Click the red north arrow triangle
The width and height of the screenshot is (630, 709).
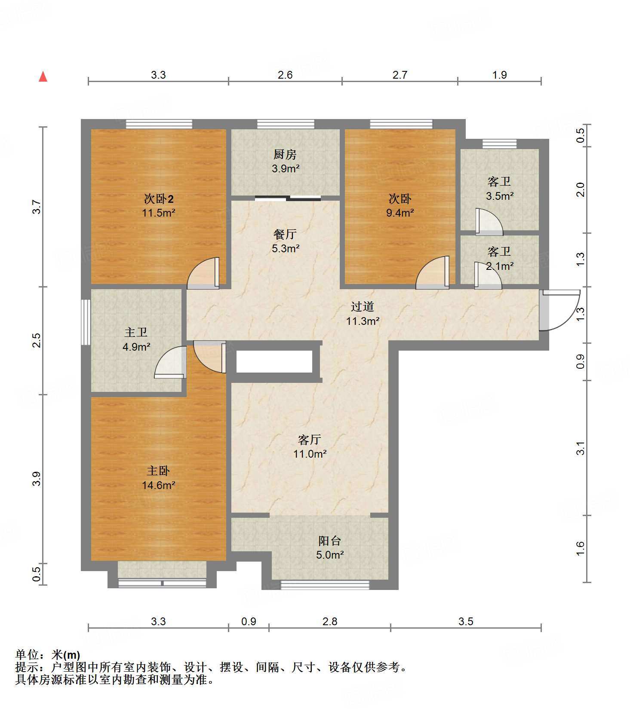pyautogui.click(x=43, y=76)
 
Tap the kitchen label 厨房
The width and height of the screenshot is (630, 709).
pyautogui.click(x=285, y=154)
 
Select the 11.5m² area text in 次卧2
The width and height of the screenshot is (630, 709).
pyautogui.click(x=158, y=213)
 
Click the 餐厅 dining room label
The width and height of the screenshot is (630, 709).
pyautogui.click(x=285, y=234)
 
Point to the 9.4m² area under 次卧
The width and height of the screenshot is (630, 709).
pyautogui.click(x=400, y=213)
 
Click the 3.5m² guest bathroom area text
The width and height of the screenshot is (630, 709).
pyautogui.click(x=499, y=196)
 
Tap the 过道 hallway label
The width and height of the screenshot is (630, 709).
pyautogui.click(x=362, y=306)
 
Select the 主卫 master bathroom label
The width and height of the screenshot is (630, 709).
pyautogui.click(x=136, y=332)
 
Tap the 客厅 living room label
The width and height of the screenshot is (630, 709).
pyautogui.click(x=309, y=440)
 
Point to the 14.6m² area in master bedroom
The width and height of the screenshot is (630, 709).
pyautogui.click(x=158, y=485)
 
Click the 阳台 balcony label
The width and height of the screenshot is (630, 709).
pyautogui.click(x=329, y=541)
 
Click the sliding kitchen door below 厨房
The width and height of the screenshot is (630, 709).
pyautogui.click(x=288, y=198)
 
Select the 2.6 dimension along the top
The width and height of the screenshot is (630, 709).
pyautogui.click(x=285, y=75)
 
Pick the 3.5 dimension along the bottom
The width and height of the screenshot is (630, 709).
pyautogui.click(x=465, y=621)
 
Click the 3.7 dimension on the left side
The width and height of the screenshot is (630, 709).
pyautogui.click(x=38, y=207)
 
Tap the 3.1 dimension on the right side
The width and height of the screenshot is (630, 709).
pyautogui.click(x=581, y=448)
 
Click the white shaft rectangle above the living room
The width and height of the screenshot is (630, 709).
pyautogui.click(x=274, y=361)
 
